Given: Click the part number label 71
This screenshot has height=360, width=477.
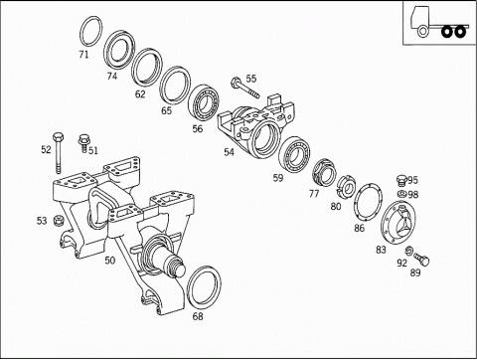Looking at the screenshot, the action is [83, 54].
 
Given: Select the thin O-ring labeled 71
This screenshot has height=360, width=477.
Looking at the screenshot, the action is [81, 32].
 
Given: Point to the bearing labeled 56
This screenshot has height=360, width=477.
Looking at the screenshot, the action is [204, 101].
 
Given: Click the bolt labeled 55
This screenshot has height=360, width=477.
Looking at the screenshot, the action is [245, 89].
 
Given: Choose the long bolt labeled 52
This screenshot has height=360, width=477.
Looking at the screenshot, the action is [58, 152].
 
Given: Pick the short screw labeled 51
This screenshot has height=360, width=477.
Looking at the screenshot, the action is [83, 142].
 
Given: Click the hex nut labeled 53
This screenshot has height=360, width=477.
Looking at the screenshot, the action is [59, 220].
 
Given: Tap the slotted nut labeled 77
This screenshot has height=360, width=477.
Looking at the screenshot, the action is [324, 173].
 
